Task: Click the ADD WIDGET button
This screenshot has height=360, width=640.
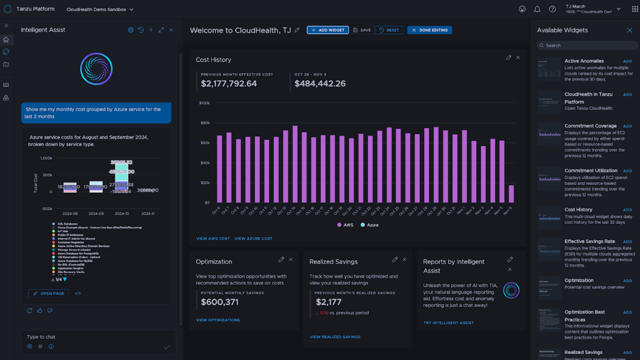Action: [x=328, y=30]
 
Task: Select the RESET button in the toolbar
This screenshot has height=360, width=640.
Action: [x=389, y=30]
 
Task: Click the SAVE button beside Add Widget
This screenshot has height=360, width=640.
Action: [x=362, y=30]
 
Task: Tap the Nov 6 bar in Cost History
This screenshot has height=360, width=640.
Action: [x=511, y=194]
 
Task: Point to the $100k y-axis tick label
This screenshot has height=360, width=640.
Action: [x=204, y=103]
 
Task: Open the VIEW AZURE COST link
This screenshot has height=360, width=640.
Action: [x=253, y=238]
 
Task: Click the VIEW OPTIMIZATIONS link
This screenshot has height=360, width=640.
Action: [x=218, y=320]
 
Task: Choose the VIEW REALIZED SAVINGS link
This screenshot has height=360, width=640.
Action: [x=335, y=337]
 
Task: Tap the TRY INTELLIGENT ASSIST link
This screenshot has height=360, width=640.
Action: [x=448, y=323]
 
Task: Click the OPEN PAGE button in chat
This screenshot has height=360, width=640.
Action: [x=48, y=293]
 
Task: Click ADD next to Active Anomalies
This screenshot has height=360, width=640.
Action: [x=627, y=61]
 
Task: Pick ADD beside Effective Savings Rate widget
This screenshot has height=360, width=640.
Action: [x=627, y=242]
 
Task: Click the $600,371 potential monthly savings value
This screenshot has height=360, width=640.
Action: [x=219, y=302]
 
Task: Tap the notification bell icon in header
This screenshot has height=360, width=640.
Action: [x=537, y=9]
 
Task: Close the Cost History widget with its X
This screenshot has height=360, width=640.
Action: [x=518, y=58]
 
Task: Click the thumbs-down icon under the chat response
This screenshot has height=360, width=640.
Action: [x=49, y=310]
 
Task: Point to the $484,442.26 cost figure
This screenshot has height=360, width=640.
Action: [x=320, y=83]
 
